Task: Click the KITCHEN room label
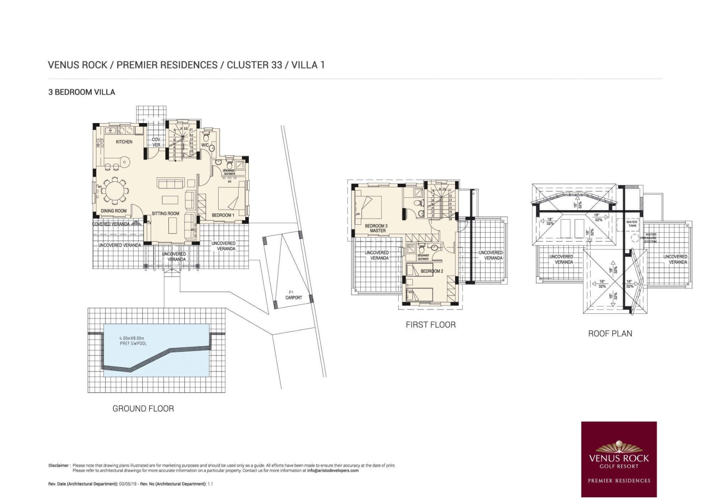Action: pyautogui.click(x=124, y=142)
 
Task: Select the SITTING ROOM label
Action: pyautogui.click(x=165, y=214)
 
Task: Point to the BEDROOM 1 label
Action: pyautogui.click(x=223, y=215)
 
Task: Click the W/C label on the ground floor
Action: pyautogui.click(x=205, y=145)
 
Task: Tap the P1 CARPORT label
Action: pyautogui.click(x=293, y=295)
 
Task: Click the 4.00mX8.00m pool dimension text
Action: pyautogui.click(x=132, y=338)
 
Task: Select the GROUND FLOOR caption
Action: pyautogui.click(x=143, y=408)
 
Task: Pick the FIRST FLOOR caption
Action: pyautogui.click(x=430, y=325)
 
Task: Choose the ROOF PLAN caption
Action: pyautogui.click(x=610, y=334)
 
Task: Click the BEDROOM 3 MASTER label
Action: pyautogui.click(x=376, y=228)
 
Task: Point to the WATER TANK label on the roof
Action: pyautogui.click(x=631, y=224)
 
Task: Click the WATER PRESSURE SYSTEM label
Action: pyautogui.click(x=650, y=238)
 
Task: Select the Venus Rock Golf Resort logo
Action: pyautogui.click(x=619, y=459)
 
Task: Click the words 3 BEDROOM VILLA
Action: pyautogui.click(x=82, y=92)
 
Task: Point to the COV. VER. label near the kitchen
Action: pyautogui.click(x=156, y=142)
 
